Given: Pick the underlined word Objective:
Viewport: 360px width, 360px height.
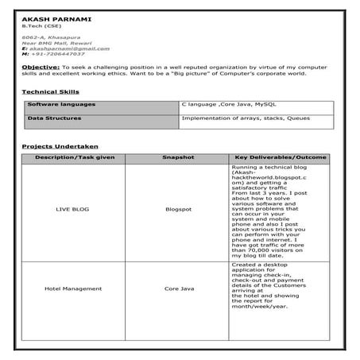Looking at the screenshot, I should [41, 69].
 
